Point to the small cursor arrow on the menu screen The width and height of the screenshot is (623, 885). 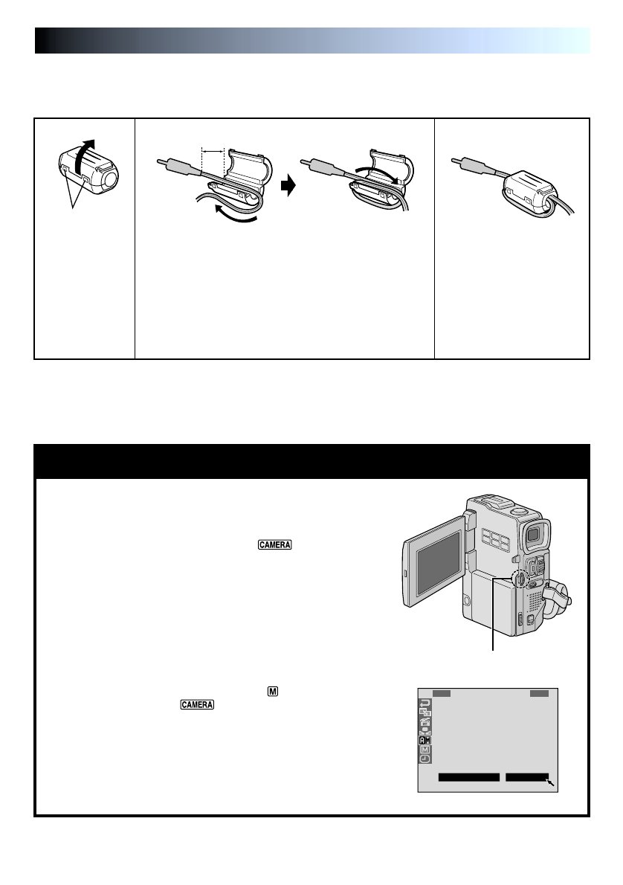pyautogui.click(x=552, y=782)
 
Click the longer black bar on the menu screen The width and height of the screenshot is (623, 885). pyautogui.click(x=468, y=778)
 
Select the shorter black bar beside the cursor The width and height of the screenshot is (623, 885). pyautogui.click(x=526, y=778)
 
